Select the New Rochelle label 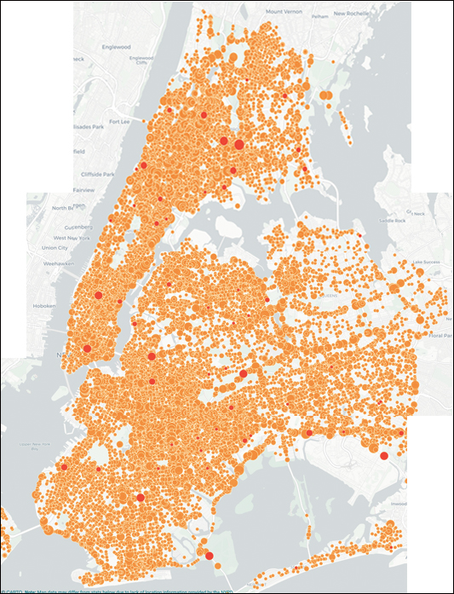click(x=348, y=14)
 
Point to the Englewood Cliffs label click(x=137, y=59)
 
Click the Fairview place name click(x=83, y=189)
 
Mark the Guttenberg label click(x=67, y=228)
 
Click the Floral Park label click(x=439, y=335)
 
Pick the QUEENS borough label click(x=328, y=294)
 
